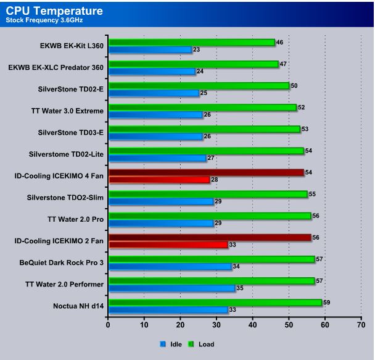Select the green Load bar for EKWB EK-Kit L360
pos(191,42)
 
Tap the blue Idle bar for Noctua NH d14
pos(168,309)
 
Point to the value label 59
pos(326,303)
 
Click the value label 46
pos(279,42)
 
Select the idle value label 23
pos(197,49)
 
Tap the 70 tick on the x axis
pos(361,324)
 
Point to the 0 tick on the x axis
pos(108,324)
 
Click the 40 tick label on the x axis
pos(252,324)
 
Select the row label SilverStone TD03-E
pos(64,132)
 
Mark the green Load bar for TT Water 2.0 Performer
pos(212,281)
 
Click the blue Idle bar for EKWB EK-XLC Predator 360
pos(152,71)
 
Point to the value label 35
pos(240,288)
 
